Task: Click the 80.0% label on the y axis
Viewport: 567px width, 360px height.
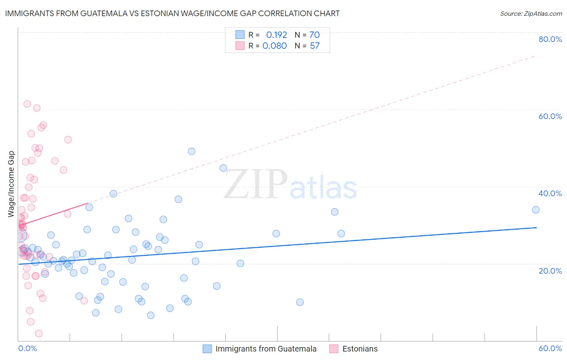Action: point(550,39)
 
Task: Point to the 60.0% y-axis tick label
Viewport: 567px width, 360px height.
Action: point(550,116)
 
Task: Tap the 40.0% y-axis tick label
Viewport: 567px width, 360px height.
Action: point(550,193)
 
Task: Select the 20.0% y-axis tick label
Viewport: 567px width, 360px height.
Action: point(550,270)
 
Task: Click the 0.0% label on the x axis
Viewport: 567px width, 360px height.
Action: point(27,348)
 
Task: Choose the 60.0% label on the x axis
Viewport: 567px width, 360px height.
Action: point(550,348)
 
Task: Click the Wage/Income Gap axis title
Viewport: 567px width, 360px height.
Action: point(11,184)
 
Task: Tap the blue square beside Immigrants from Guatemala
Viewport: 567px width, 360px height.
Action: point(207,349)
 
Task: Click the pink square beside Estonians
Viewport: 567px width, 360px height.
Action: point(334,349)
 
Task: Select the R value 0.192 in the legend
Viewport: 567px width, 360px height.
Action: point(276,35)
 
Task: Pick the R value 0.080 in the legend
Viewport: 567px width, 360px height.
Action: point(275,46)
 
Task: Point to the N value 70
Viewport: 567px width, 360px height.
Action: point(315,35)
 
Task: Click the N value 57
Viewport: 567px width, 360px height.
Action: point(315,46)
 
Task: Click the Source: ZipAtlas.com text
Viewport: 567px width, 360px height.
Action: point(531,14)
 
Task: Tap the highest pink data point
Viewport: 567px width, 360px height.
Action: point(27,104)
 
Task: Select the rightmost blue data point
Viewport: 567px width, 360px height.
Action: point(536,210)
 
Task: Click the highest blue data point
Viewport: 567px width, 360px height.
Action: point(192,151)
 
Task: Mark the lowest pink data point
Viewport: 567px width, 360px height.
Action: point(39,333)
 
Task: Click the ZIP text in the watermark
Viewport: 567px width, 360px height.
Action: point(256,184)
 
